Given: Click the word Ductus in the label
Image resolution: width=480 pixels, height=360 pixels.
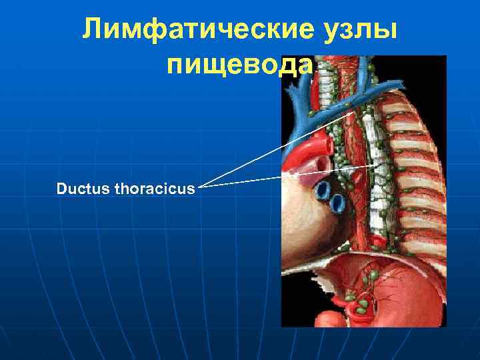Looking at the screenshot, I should pyautogui.click(x=83, y=189).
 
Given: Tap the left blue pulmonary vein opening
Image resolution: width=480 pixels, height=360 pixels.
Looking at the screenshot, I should pyautogui.click(x=325, y=191).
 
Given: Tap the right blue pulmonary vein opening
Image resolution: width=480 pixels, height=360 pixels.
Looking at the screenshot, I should pyautogui.click(x=338, y=199).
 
